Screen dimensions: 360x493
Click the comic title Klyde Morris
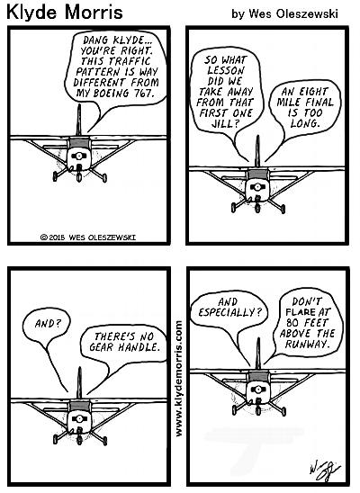[x=65, y=13]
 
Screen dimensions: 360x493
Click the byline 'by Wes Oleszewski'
[x=284, y=13]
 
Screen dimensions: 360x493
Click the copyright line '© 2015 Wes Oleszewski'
[x=88, y=238]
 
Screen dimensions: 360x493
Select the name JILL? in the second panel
[x=225, y=123]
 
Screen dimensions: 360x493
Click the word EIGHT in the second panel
[x=313, y=92]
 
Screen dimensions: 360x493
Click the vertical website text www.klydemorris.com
[x=178, y=378]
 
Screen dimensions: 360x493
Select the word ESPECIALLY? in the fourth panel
[x=229, y=312]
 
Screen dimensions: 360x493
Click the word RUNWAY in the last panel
[x=306, y=344]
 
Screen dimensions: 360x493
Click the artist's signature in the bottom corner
[x=324, y=471]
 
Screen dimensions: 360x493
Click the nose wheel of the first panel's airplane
[x=79, y=177]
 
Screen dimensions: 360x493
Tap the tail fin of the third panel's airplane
[x=79, y=383]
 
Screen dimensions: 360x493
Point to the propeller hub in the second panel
[x=257, y=187]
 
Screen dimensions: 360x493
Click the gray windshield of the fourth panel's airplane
[x=258, y=377]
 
